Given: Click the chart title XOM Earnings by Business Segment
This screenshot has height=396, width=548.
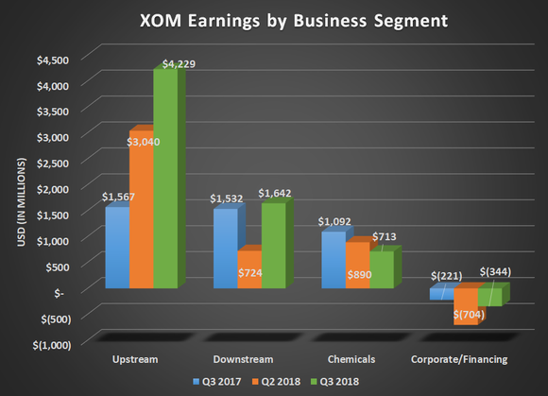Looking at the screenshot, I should (274, 20).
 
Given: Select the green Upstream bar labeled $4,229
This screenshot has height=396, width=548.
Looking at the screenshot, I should (164, 180).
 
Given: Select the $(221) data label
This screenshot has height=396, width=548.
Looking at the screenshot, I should (446, 275).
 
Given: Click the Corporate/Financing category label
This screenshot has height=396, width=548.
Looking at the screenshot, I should (459, 359).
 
